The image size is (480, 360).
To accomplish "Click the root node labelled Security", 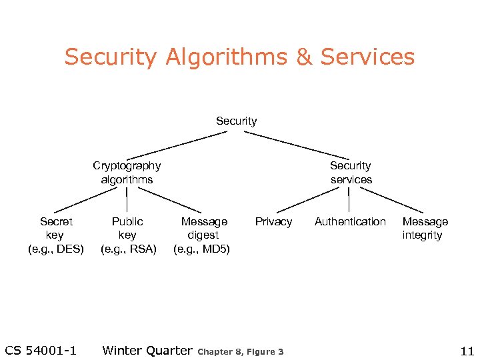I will coord(236,121).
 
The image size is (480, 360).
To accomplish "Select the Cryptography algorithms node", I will coord(127,172).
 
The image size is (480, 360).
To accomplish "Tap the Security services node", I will coord(351,172).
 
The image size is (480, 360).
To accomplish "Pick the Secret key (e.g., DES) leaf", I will coord(56,235).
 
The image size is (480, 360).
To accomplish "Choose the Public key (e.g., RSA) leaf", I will coord(127,235).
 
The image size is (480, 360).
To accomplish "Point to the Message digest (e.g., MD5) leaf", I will coord(204,235).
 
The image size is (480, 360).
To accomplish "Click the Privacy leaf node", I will coord(273,221).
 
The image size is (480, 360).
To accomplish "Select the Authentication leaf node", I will coord(350,221).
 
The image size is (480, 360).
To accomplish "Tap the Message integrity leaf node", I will coord(425,228).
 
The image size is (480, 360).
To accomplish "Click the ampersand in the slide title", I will coord(303,57).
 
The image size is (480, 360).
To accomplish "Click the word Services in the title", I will coord(367,57).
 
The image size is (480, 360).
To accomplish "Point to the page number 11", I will coord(466,351).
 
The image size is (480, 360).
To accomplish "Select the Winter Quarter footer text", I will coord(147,351).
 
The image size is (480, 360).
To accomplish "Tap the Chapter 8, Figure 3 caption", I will coord(241,351).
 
